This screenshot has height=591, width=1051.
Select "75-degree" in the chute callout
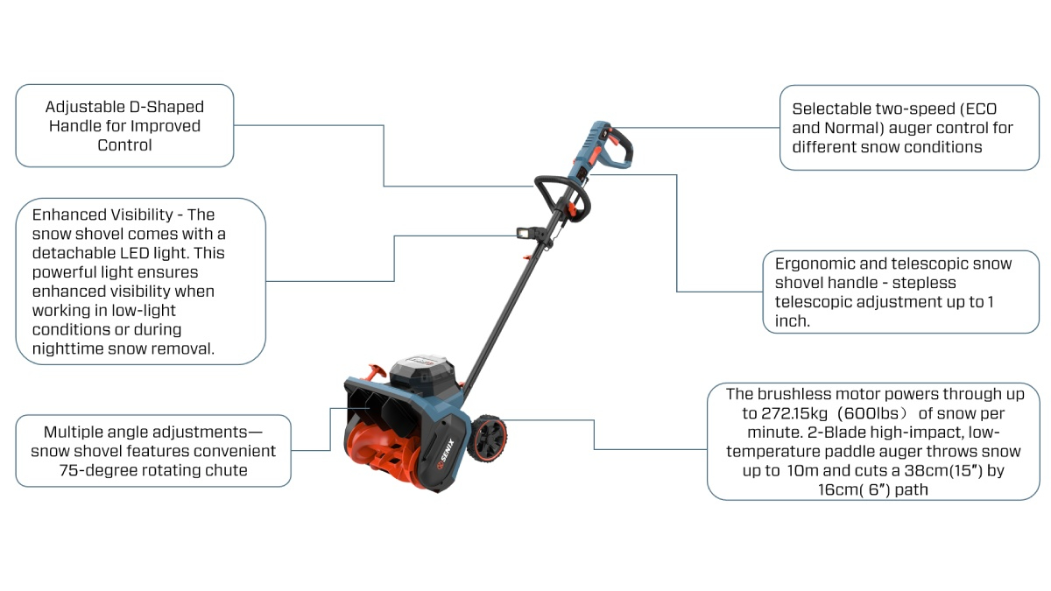tap(95, 470)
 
